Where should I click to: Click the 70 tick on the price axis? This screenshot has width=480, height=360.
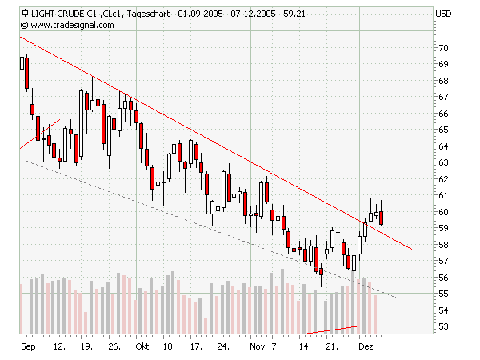[442, 48]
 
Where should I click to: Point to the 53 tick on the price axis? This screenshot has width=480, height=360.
[442, 326]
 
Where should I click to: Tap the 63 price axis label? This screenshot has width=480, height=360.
[442, 162]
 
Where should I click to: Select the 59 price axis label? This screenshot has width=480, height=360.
[442, 228]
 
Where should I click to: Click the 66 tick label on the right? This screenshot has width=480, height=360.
[442, 114]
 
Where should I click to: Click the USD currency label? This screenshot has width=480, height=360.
[443, 14]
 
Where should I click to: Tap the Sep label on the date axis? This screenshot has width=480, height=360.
[28, 348]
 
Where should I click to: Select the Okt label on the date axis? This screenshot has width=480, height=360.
[142, 348]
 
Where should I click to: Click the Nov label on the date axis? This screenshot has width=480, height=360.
[256, 348]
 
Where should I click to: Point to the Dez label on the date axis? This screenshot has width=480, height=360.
[365, 348]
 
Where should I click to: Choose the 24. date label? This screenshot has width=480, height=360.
[224, 348]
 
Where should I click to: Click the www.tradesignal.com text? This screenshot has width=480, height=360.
[73, 25]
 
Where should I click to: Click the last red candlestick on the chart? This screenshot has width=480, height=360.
[382, 217]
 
